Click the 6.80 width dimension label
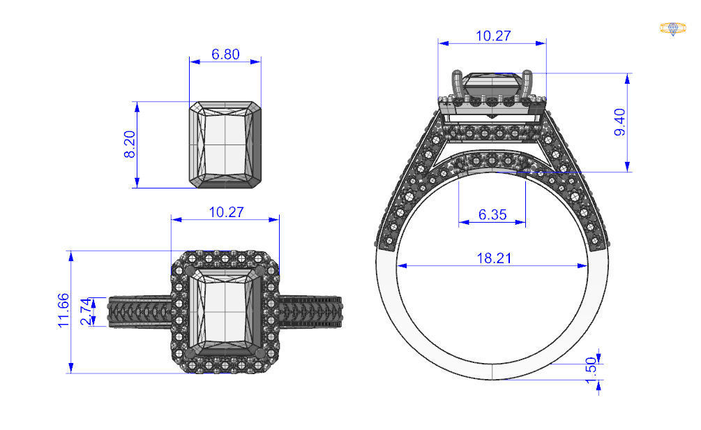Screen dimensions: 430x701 click(x=225, y=54)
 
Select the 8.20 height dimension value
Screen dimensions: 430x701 click(x=129, y=144)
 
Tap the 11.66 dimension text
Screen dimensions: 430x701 click(x=63, y=311)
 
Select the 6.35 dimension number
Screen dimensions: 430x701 click(x=492, y=215)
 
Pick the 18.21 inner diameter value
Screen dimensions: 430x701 click(x=494, y=258)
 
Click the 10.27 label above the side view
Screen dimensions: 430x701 click(x=492, y=36)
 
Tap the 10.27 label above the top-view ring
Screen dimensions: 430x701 click(x=226, y=212)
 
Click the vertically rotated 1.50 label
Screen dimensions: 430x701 click(x=591, y=365)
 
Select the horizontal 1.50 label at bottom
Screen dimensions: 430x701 click(x=591, y=385)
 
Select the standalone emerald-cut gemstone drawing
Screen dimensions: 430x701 click(x=225, y=144)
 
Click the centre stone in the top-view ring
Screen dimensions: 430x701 click(x=225, y=311)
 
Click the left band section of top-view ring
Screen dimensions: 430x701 click(x=140, y=311)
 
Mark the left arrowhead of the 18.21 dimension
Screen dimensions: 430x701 click(x=402, y=266)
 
